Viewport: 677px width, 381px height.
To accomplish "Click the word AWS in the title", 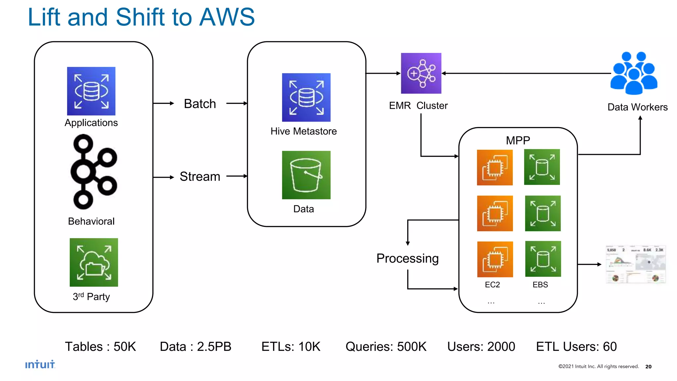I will [x=227, y=17].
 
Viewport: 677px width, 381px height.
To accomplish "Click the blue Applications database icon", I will [x=91, y=91].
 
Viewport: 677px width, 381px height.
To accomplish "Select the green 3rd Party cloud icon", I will [x=94, y=262].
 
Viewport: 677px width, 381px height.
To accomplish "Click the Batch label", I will [x=200, y=104].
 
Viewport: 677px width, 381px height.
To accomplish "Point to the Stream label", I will [x=200, y=177].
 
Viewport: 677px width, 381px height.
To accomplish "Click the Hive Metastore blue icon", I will [x=306, y=97].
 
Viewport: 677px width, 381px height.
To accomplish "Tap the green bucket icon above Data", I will [x=306, y=175].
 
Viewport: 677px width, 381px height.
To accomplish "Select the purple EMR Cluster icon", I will [x=421, y=73].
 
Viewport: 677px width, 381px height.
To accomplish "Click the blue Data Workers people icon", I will [x=634, y=73].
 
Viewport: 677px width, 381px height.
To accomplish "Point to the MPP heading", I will [x=518, y=141].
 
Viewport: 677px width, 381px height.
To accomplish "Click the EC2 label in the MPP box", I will [x=492, y=285].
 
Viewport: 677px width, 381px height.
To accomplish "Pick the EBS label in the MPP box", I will [x=540, y=285].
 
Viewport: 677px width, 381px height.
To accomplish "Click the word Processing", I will [x=407, y=258].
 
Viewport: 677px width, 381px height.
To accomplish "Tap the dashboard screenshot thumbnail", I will [x=635, y=264].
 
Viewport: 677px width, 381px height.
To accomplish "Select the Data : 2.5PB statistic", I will [x=195, y=347].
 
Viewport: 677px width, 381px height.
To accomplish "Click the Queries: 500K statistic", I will [x=386, y=347].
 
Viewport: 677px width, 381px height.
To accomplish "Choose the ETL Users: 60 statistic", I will [x=576, y=347].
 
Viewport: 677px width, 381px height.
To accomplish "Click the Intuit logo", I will [x=40, y=364].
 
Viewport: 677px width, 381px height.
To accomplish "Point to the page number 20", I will [x=648, y=366].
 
